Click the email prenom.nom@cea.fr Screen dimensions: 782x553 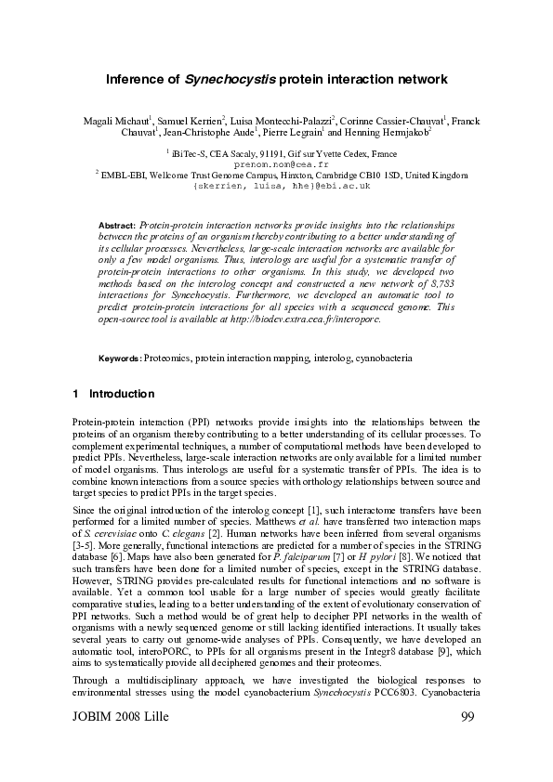point(276,163)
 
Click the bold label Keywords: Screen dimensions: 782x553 point(120,358)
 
